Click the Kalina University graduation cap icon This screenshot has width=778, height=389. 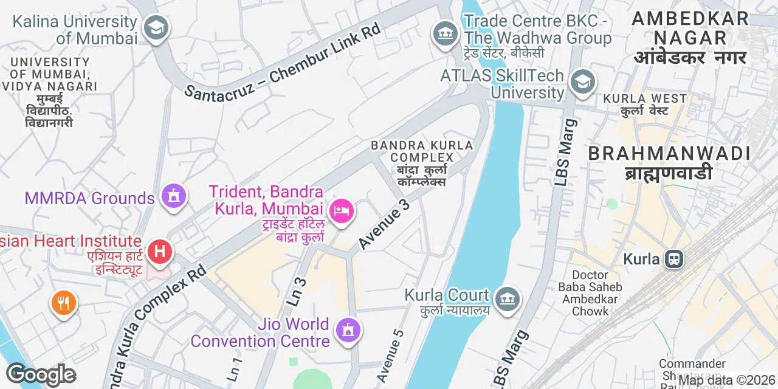(156, 27)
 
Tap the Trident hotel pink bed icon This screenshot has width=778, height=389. (342, 212)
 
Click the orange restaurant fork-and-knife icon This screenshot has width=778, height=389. (63, 301)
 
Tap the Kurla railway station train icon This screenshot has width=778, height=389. (673, 260)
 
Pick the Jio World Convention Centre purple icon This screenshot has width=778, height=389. (348, 330)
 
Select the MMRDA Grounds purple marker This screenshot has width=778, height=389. (174, 196)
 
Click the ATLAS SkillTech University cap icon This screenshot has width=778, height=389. (582, 81)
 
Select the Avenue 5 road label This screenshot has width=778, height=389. (390, 356)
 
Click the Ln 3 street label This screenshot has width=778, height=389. (297, 290)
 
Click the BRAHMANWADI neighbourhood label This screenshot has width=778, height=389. (669, 154)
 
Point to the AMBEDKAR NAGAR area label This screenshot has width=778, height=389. (689, 28)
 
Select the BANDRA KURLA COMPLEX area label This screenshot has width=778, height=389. (422, 151)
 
